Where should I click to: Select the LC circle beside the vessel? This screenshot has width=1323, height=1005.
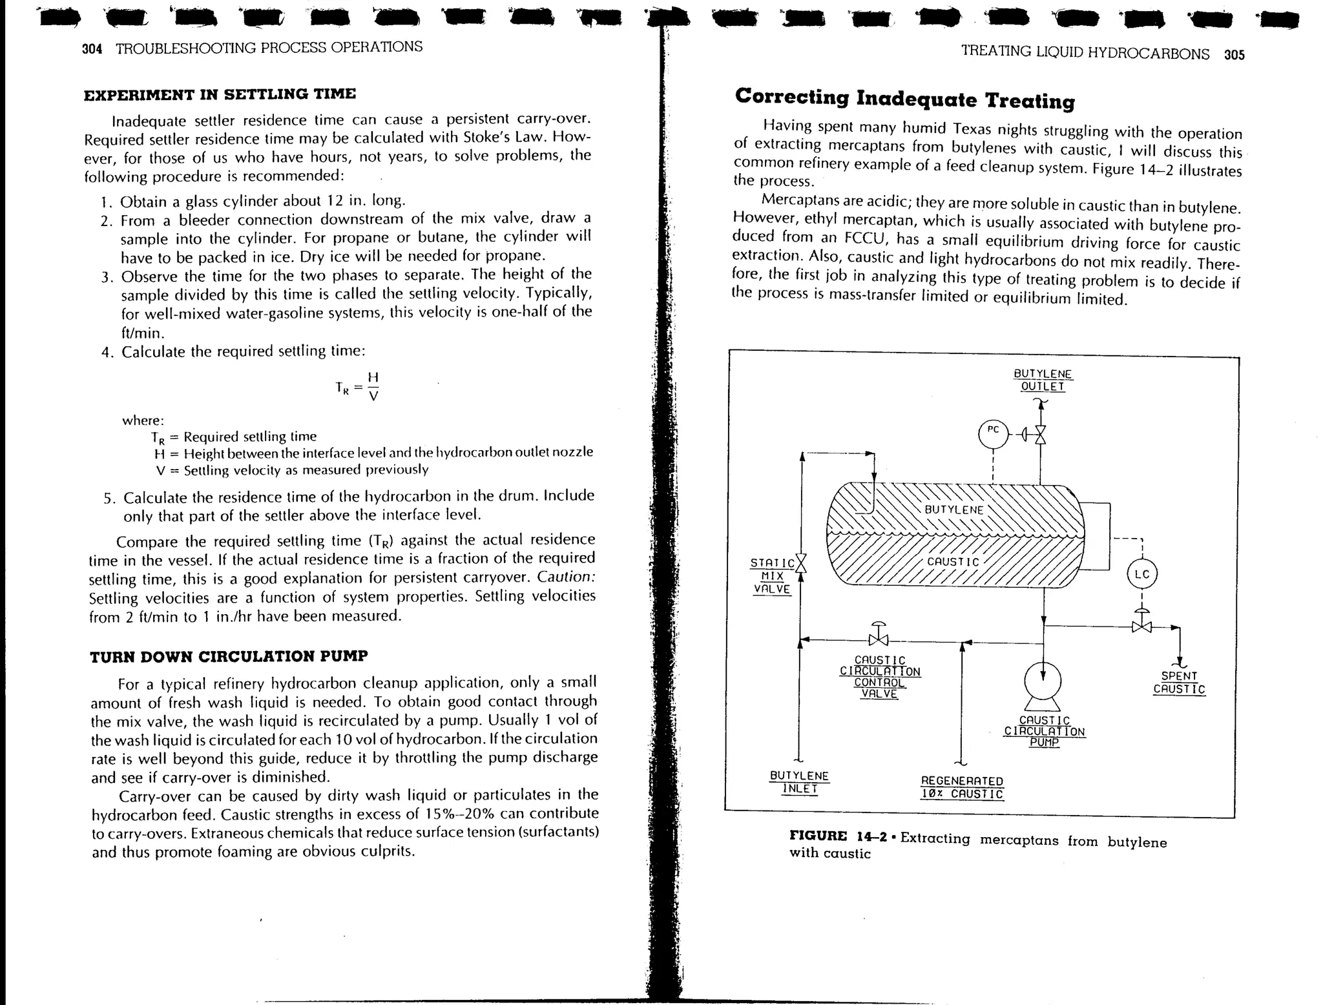[x=1141, y=574]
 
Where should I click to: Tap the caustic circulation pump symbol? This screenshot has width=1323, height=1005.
[x=1043, y=682]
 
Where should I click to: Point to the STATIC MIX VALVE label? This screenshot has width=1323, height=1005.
[x=773, y=575]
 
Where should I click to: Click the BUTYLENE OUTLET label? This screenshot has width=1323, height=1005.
[x=1043, y=380]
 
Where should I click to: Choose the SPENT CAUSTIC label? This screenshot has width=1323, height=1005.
[x=1179, y=682]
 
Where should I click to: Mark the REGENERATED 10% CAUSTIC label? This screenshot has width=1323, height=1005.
[x=962, y=787]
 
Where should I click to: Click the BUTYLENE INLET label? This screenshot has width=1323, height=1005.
[x=799, y=782]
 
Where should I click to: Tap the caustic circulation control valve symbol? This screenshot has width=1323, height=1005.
[x=879, y=639]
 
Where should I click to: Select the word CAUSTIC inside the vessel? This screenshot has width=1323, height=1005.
[x=953, y=561]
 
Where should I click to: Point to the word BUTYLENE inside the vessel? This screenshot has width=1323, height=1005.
[x=953, y=509]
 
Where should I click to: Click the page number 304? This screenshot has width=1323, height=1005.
[x=92, y=49]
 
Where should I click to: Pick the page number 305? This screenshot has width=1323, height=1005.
[x=1234, y=55]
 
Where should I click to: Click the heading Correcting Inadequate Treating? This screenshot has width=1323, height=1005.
[x=904, y=99]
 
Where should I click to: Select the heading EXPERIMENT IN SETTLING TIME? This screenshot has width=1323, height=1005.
[x=220, y=94]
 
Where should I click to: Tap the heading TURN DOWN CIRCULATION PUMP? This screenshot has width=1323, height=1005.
[x=229, y=656]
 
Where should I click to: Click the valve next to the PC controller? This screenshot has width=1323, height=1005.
[x=1040, y=435]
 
